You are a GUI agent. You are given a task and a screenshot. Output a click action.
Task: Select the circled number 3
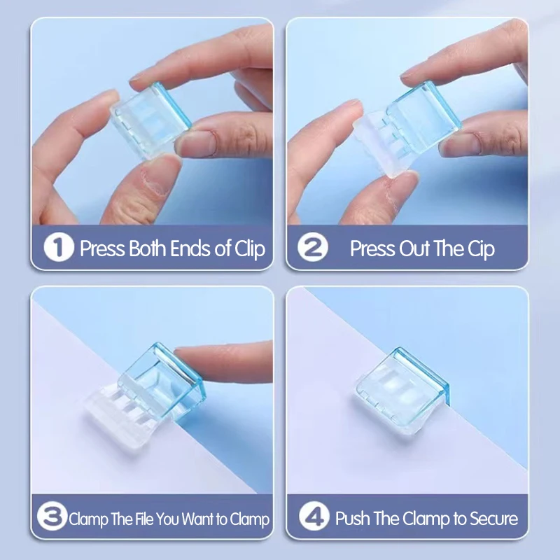(x=52, y=519)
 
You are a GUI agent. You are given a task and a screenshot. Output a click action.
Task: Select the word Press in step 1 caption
(x=102, y=249)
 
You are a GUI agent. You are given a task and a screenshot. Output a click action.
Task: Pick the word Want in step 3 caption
(x=197, y=519)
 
